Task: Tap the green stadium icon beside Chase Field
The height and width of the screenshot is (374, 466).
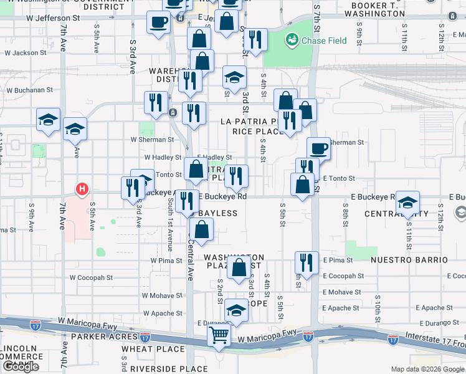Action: coord(290,41)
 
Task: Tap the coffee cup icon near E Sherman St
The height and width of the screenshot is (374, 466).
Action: coord(318,148)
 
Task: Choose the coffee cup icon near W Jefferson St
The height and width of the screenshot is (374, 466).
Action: coord(159,22)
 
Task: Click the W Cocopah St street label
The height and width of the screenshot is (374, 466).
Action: coord(91,277)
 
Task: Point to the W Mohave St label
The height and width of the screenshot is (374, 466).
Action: coord(161,295)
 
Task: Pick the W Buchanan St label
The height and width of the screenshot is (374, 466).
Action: coord(29,90)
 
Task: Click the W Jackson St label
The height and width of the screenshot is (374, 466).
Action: coord(26,53)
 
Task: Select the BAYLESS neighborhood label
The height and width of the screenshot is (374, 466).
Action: coord(218,213)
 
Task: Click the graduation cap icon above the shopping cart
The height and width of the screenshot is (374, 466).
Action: coord(236,310)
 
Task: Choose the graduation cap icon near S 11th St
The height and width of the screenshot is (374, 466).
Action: coord(408,203)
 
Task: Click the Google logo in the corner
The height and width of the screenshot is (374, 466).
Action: coord(21,367)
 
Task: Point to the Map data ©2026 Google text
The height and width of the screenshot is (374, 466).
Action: coord(427,369)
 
